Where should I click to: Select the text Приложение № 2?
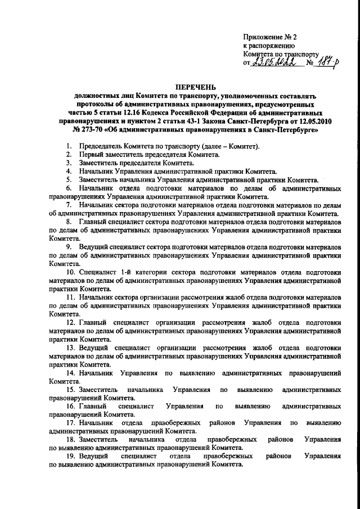(269, 37)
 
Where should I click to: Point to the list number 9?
(69, 246)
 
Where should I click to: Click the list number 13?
(70, 347)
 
